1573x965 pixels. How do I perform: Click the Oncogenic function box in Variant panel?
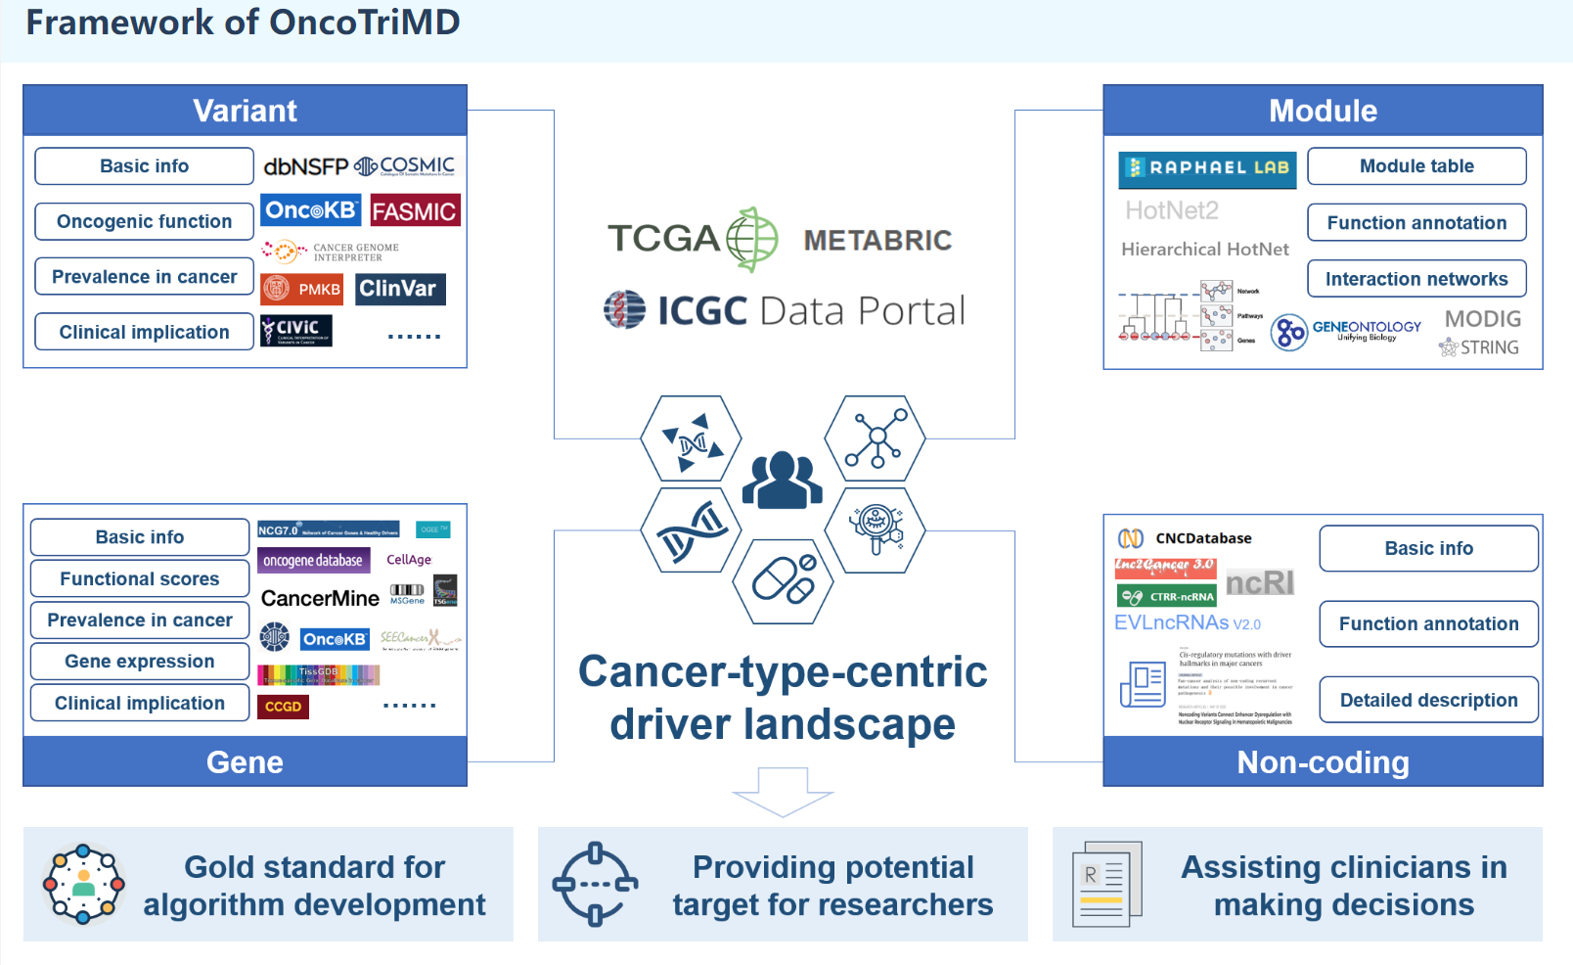coord(144,221)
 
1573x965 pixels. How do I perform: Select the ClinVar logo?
coord(399,289)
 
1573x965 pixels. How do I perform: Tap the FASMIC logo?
coord(415,211)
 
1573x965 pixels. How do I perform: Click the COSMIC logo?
coord(405,166)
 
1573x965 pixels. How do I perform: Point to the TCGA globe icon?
coord(751,239)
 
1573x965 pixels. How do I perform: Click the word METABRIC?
coord(877,241)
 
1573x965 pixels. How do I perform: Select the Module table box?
coord(1416,166)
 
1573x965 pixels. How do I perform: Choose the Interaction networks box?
coord(1416,279)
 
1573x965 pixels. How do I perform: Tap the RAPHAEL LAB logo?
coord(1207,168)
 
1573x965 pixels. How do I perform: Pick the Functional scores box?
coord(140,578)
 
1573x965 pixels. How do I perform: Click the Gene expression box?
coord(140,662)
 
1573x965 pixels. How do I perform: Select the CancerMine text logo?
coord(320,598)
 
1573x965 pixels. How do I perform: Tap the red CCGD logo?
coord(283,707)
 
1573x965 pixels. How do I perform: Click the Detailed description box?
coord(1427,700)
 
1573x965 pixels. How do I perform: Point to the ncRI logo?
coord(1259,583)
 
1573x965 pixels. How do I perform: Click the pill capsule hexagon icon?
coord(784,580)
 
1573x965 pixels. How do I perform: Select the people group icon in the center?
coord(782,480)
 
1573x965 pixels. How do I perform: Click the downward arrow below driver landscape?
coord(783,791)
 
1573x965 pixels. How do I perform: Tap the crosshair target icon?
coord(595,884)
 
